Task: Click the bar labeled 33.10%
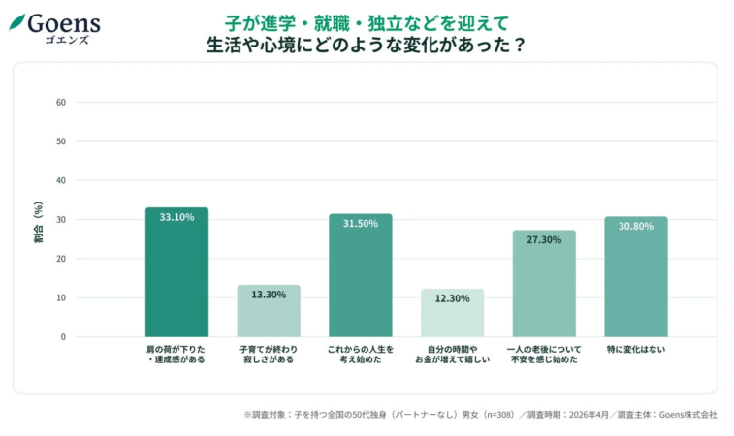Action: (176, 272)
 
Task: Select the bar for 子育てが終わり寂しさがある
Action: (269, 311)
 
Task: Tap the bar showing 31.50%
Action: (360, 275)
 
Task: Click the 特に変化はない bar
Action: (635, 277)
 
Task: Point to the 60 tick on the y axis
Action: (61, 102)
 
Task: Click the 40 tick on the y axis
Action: (61, 180)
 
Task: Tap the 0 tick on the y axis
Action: (63, 337)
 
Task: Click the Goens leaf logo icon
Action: (16, 20)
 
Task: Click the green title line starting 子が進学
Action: (366, 20)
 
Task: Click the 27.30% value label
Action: (544, 239)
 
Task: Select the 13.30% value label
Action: (269, 294)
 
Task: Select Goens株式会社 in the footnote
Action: (687, 415)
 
